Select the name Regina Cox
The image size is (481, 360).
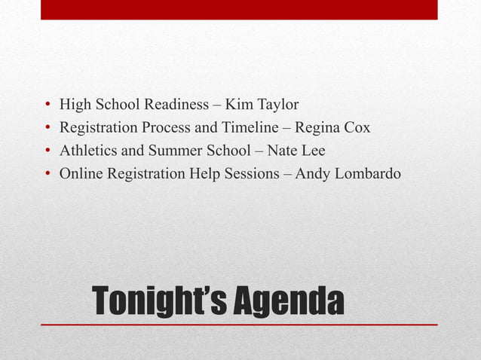332,127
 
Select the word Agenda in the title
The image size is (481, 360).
287,301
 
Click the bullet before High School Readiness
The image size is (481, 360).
47,105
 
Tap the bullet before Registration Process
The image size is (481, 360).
47,128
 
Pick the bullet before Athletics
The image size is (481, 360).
47,151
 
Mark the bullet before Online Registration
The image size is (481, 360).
47,175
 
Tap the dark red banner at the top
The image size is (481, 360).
239,9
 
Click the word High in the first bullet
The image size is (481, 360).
75,104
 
